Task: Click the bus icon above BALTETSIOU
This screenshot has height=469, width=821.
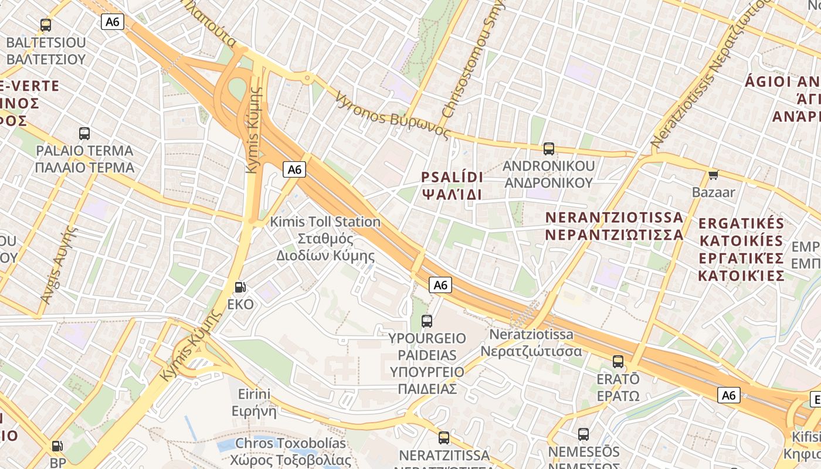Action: point(46,25)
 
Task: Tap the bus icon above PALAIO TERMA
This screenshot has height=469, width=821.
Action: point(84,134)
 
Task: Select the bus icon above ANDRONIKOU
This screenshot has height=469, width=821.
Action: point(549,149)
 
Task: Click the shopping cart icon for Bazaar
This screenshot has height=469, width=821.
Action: point(714,175)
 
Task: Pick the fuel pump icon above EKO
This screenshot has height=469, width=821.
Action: point(240,287)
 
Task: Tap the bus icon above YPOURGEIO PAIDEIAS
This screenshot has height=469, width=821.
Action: point(427,321)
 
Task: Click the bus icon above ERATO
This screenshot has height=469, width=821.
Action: point(618,362)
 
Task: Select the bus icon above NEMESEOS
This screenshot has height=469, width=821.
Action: point(583,434)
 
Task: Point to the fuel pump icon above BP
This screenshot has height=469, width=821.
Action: point(57,446)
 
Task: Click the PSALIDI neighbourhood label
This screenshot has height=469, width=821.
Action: point(452,185)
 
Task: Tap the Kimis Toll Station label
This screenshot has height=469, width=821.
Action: point(325,239)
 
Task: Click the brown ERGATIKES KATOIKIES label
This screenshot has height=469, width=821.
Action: point(741,249)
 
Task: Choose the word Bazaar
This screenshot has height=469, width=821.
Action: point(714,192)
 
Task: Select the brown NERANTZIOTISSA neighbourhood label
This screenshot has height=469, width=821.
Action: point(615,226)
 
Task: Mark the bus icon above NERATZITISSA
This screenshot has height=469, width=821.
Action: point(444,438)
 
